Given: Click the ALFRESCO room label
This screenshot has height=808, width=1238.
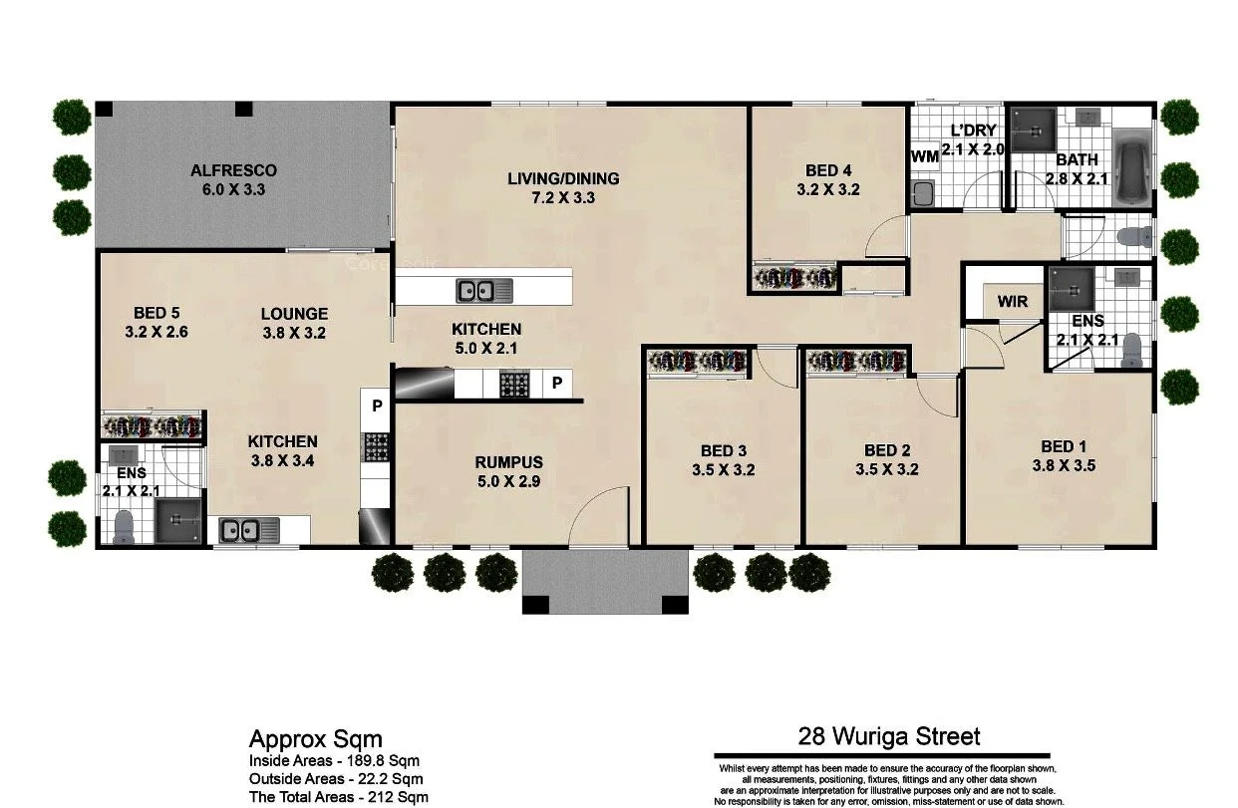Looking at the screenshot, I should pos(234,170).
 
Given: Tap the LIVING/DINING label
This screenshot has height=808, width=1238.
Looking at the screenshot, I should pos(563,179).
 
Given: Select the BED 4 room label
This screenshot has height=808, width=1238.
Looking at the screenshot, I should pos(828,170).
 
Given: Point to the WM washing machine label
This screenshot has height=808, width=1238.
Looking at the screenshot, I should pos(924,156).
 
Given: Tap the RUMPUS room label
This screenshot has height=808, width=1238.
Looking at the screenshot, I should pos(508,462).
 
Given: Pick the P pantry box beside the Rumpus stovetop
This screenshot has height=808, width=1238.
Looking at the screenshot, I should pos(557,384).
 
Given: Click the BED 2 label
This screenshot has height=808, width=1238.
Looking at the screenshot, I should pos(887,450).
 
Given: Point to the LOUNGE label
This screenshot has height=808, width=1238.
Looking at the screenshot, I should pos(294,314).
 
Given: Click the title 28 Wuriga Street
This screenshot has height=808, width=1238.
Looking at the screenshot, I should pos(889,736).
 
